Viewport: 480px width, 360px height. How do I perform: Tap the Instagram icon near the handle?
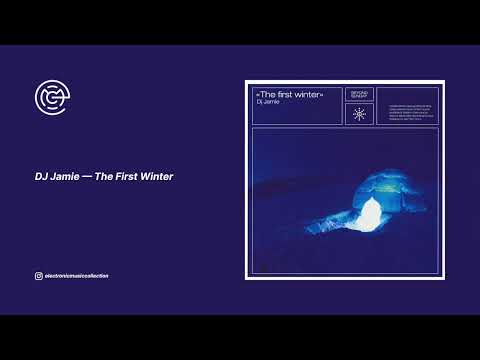tap(37, 276)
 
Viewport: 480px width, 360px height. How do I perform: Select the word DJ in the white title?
tap(39, 177)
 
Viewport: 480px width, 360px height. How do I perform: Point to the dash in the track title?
tap(86, 177)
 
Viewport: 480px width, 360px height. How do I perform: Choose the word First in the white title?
tap(126, 177)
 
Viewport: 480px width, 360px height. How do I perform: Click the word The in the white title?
tap(103, 177)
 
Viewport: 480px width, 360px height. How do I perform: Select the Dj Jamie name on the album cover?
tap(265, 102)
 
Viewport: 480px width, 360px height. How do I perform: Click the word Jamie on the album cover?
tap(269, 102)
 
